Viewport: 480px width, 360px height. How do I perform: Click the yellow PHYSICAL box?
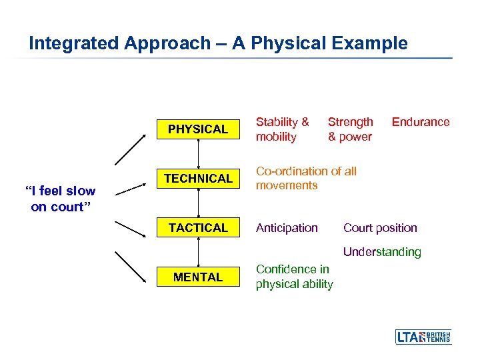pos(197,129)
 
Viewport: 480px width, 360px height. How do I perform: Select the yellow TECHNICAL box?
pos(197,179)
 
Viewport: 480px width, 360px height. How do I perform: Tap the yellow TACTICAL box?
pos(197,228)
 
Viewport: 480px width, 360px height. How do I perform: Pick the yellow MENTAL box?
pos(197,277)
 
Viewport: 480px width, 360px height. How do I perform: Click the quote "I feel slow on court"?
pos(60,199)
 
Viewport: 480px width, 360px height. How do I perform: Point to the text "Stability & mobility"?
pos(283,129)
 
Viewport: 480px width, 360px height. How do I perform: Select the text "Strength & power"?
pos(350,129)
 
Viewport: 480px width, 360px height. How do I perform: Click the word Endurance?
pos(420,122)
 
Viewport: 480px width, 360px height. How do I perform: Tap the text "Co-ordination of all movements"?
pos(306,178)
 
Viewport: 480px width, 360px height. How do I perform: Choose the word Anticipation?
pos(287,228)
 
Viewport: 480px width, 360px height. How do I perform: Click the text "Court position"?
pos(380,228)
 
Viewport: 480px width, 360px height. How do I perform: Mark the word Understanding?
pos(382,252)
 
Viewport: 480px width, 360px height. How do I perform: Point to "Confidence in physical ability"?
pos(294,277)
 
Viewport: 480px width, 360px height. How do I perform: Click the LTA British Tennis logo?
pos(423,337)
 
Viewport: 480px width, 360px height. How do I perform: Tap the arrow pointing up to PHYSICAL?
pos(131,149)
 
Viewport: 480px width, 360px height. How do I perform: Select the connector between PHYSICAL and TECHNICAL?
pos(198,154)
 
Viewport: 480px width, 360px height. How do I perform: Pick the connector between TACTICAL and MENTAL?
pos(198,252)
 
